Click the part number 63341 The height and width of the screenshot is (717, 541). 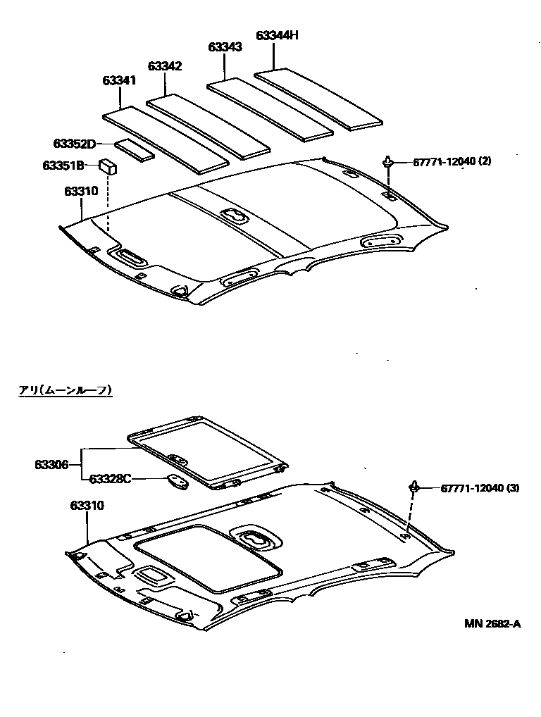(119, 80)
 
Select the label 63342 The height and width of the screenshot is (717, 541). (165, 66)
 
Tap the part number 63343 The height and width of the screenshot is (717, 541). (225, 47)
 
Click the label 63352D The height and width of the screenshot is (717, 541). (74, 144)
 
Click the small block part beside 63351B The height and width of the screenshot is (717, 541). (108, 167)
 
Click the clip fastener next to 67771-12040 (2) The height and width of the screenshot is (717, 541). (388, 162)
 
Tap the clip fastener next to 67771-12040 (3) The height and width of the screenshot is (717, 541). (415, 487)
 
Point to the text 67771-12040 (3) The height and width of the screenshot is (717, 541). (480, 487)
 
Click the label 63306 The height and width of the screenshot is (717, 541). (51, 464)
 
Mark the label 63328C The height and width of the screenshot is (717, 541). (110, 479)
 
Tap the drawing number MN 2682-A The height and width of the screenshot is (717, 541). (492, 623)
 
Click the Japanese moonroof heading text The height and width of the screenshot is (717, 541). (66, 389)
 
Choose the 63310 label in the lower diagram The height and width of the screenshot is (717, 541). (87, 506)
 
